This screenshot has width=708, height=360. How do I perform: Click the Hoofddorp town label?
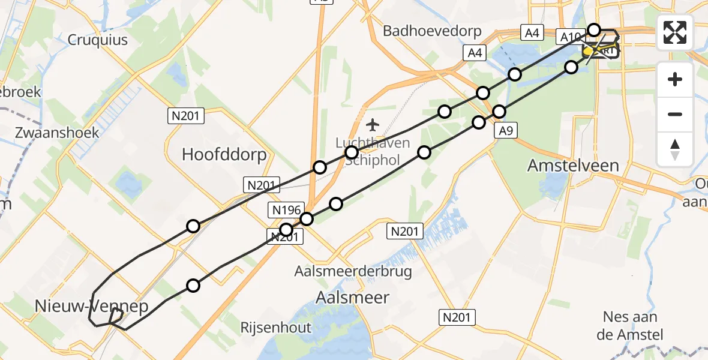224,155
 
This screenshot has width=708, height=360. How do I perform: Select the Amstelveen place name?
573,165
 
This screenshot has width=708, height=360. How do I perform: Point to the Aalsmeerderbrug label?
353,271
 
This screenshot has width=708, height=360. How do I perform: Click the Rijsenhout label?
275,328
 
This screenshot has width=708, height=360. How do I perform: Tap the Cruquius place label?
98,40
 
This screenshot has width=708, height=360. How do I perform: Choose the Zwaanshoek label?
58,132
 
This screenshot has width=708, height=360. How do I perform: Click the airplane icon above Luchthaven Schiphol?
373,125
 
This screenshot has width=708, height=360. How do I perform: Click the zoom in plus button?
675,80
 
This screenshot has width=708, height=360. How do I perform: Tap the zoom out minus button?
675,114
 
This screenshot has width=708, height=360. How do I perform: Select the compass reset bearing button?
675,149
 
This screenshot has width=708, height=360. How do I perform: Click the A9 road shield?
505,131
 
